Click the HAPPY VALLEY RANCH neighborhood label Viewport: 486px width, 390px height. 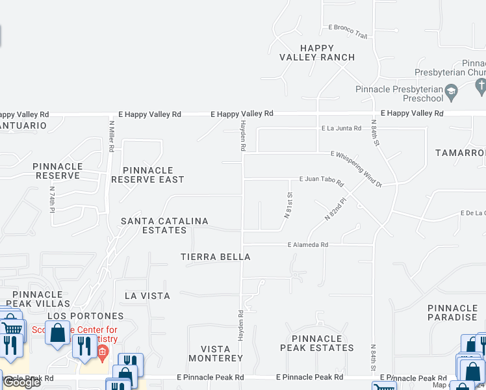click(x=317, y=53)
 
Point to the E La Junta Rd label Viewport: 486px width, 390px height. click(x=341, y=129)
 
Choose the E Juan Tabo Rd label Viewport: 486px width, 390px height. click(x=321, y=179)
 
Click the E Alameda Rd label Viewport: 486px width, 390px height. click(x=309, y=245)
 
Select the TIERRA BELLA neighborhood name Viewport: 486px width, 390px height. click(x=216, y=257)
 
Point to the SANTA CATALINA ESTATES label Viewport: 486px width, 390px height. click(x=164, y=226)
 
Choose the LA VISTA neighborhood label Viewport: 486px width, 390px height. click(x=147, y=296)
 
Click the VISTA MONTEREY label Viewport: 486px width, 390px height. click(x=216, y=354)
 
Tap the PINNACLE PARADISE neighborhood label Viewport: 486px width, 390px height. click(x=453, y=313)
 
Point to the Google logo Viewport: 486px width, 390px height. click(x=21, y=382)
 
